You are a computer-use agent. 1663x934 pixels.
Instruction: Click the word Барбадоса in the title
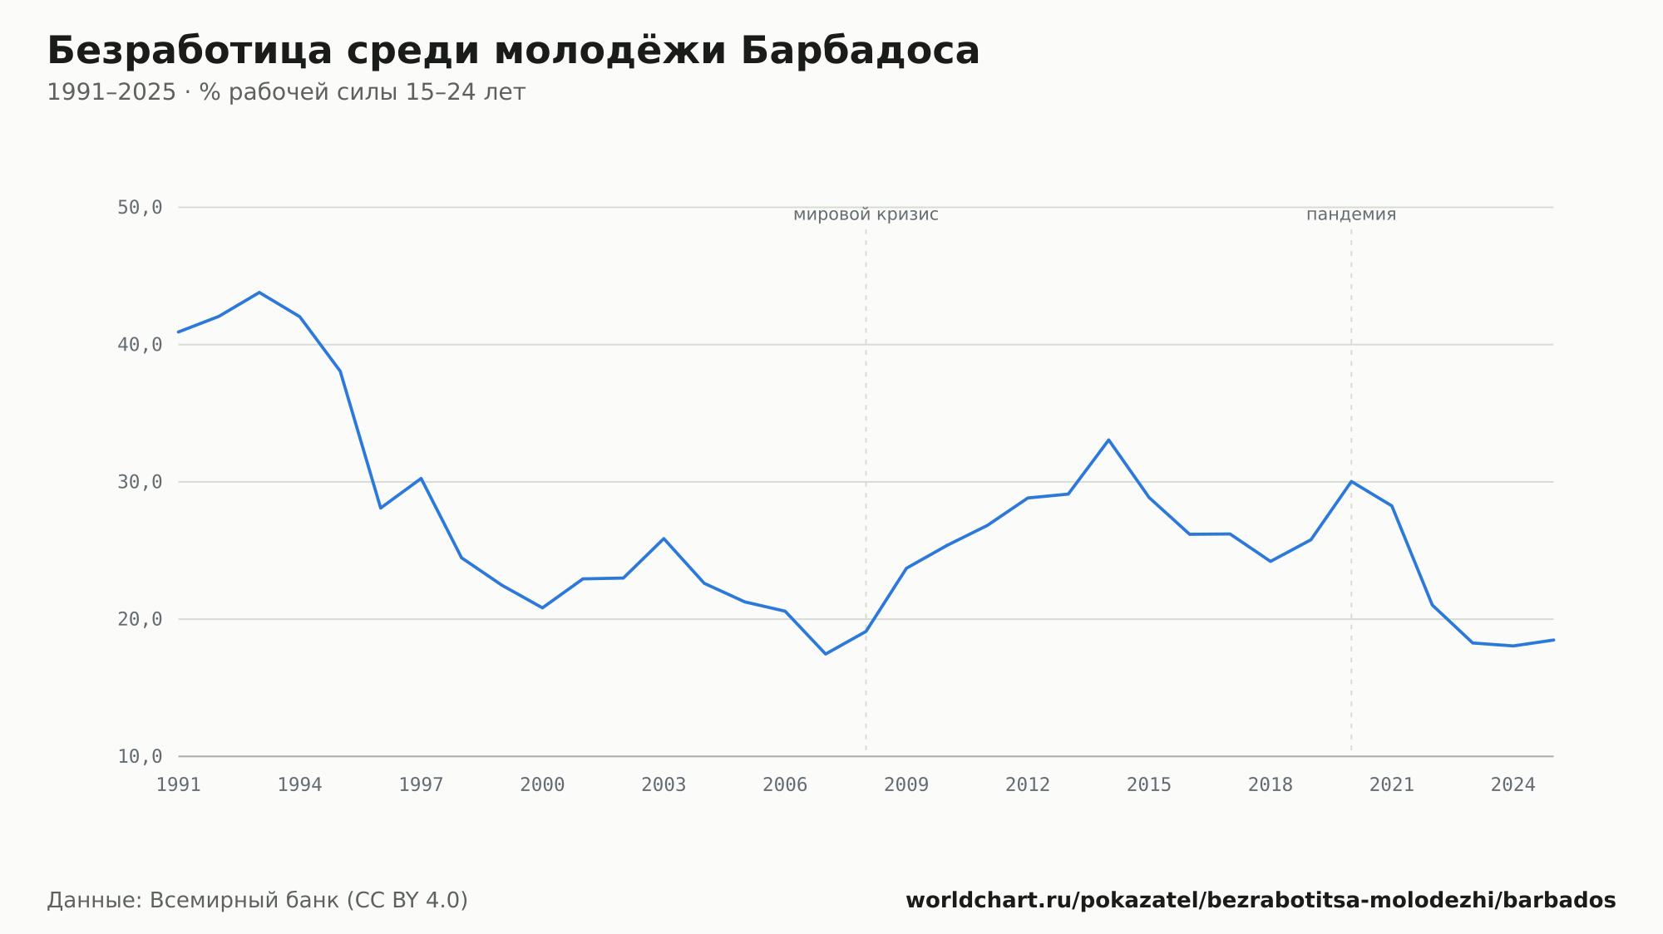point(860,51)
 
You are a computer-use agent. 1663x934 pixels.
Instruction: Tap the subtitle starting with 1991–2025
point(286,92)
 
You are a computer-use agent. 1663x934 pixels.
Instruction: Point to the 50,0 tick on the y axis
point(140,208)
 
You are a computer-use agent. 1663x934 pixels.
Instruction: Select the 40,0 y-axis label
point(140,345)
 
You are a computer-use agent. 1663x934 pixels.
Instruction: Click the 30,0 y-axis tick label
point(140,482)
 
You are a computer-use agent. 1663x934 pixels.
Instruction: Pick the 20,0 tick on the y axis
point(140,619)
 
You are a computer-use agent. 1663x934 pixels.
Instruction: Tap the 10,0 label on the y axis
point(140,756)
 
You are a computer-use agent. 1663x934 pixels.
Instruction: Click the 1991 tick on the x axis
point(179,785)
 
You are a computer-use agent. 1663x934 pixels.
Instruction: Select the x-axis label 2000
point(542,785)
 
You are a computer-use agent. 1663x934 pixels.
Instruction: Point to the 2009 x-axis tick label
point(906,785)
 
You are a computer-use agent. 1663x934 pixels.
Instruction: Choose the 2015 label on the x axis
point(1149,785)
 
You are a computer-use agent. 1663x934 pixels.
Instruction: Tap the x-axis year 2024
point(1513,785)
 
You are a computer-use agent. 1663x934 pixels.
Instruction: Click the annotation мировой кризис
point(866,215)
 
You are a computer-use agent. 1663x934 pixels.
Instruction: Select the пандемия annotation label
point(1351,215)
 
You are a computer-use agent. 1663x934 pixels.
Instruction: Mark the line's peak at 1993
point(259,292)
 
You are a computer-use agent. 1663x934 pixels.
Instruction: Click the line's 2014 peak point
point(1108,440)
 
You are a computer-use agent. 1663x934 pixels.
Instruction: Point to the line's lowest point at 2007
point(825,654)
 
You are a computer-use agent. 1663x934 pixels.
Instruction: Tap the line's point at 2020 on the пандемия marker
point(1351,482)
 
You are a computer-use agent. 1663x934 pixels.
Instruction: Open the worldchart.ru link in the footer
point(1261,901)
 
